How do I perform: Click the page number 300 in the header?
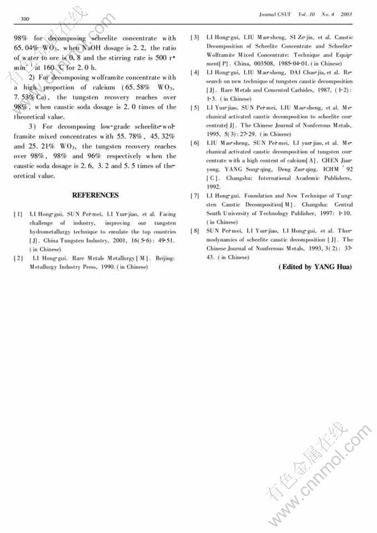pos(24,20)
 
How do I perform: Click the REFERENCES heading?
pos(95,195)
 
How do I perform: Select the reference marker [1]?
pos(18,214)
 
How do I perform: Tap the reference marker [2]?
pos(18,258)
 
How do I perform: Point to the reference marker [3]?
pos(195,38)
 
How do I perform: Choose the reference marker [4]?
pos(195,73)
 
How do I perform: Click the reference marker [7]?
pos(195,196)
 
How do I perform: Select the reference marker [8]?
pos(195,231)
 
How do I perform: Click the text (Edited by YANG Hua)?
pos(315,267)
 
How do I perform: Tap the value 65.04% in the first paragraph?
pos(26,48)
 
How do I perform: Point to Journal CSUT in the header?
pos(276,13)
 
